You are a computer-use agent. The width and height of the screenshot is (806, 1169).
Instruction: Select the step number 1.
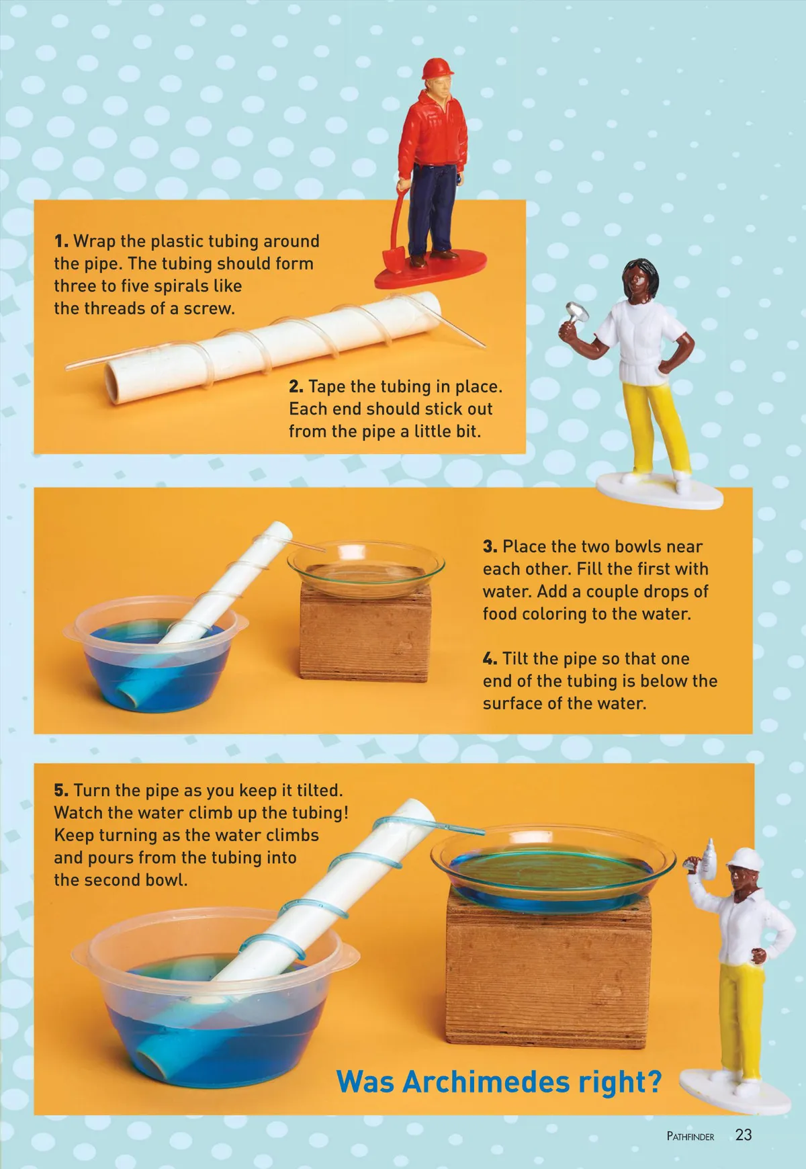60,241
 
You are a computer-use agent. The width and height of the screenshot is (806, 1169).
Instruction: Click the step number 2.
296,386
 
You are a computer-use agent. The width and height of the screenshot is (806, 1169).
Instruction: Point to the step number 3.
490,546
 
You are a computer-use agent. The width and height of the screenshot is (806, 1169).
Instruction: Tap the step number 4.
490,658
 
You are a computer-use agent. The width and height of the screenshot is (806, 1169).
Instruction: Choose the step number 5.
61,790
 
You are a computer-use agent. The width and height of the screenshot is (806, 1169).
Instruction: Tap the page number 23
744,1135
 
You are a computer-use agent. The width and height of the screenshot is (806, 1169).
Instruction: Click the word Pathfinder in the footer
690,1136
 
